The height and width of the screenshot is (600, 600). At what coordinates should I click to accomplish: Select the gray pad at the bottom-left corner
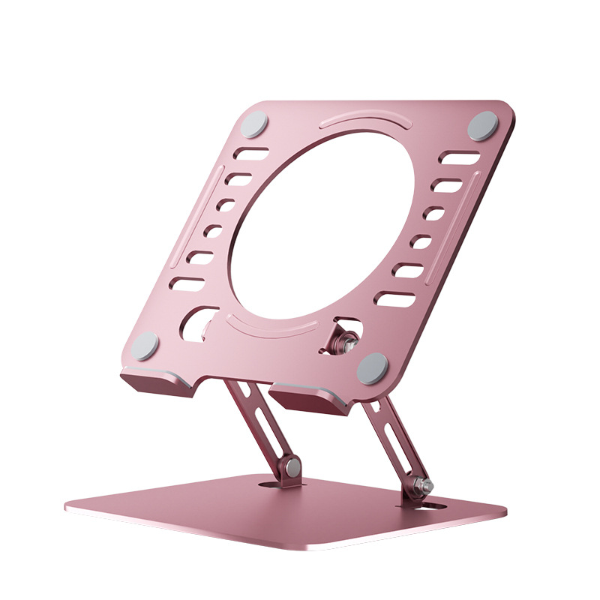(x=145, y=346)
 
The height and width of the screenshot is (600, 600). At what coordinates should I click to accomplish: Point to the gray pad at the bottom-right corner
(x=373, y=369)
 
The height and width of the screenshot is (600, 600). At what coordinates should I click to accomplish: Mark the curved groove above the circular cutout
(x=368, y=121)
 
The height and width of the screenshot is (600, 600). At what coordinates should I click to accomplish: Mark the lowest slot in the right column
(x=394, y=299)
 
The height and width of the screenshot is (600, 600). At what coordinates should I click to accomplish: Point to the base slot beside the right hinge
(x=432, y=508)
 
